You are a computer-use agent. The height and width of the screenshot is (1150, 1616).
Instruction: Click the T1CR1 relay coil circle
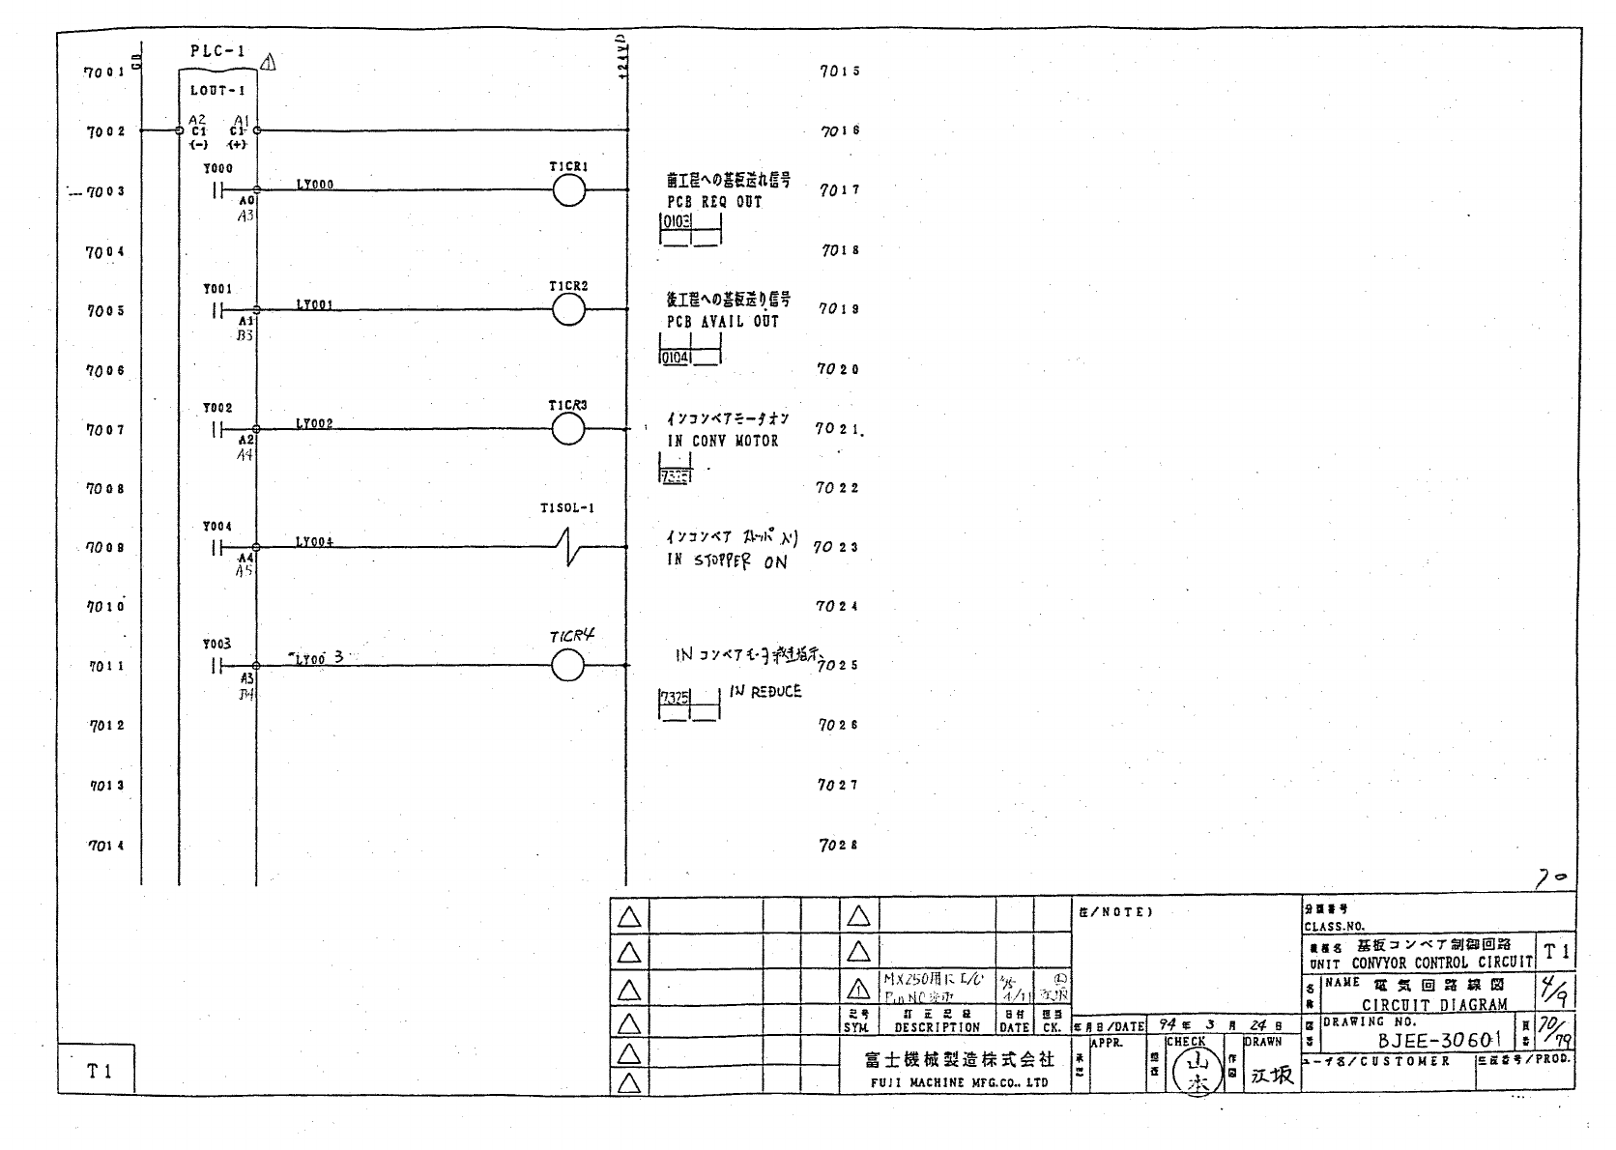click(569, 192)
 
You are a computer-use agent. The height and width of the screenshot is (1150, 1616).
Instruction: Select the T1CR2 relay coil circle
click(569, 310)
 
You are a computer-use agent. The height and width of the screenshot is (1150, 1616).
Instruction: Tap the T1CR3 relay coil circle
click(568, 429)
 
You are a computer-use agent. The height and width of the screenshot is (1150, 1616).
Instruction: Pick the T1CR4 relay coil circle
click(567, 665)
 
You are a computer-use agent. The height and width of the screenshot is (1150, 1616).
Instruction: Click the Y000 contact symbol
click(217, 190)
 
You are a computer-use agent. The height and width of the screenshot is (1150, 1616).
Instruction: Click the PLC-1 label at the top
click(217, 52)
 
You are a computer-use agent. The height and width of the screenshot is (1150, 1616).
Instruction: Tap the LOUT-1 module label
click(217, 91)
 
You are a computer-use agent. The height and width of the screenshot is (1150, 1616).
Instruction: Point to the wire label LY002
click(314, 424)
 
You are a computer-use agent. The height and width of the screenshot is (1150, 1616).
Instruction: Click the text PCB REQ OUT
click(714, 202)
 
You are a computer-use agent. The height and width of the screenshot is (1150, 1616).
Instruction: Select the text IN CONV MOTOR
click(722, 441)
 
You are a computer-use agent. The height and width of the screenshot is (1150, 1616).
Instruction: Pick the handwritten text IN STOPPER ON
click(726, 561)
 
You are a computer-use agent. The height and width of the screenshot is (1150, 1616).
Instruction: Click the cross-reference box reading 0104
click(675, 358)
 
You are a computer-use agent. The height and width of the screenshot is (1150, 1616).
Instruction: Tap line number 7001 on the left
click(104, 72)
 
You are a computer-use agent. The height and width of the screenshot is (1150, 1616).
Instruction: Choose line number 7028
click(838, 845)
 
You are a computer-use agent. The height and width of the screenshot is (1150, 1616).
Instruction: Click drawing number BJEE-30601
click(1439, 1040)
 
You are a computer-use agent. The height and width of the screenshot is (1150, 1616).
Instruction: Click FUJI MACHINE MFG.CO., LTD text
click(959, 1083)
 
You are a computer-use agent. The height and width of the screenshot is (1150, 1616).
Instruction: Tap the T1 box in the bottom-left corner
click(99, 1071)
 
